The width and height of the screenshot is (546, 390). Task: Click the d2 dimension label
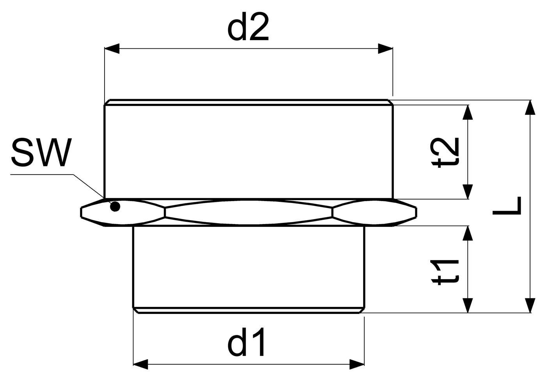click(x=248, y=27)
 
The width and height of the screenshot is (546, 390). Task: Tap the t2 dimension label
click(x=445, y=153)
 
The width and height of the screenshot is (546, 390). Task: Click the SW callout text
click(x=41, y=153)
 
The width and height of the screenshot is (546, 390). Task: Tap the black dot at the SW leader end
click(x=115, y=207)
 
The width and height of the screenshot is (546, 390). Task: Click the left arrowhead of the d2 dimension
click(x=112, y=48)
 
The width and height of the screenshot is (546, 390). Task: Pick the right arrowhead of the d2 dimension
click(x=385, y=48)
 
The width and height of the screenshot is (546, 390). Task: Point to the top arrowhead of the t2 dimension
click(x=468, y=112)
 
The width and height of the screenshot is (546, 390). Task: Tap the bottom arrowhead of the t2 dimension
click(x=468, y=192)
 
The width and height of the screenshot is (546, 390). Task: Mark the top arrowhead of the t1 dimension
click(x=468, y=233)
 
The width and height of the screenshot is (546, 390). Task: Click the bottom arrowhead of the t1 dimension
click(x=468, y=305)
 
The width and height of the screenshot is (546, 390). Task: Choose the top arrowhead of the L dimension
click(x=530, y=107)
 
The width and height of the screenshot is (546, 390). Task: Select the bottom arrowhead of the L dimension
click(x=530, y=305)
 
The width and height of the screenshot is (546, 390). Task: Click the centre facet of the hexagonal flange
click(x=249, y=212)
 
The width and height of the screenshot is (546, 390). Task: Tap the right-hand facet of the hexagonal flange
click(x=374, y=212)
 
